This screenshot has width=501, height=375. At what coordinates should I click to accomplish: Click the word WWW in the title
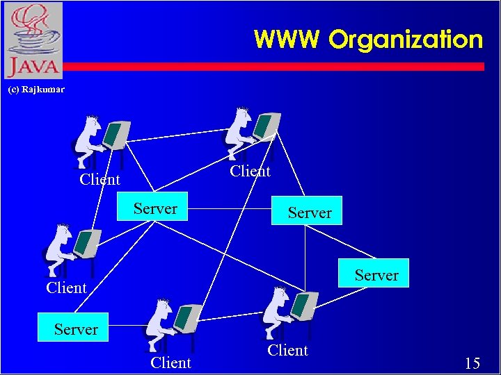pos(287,39)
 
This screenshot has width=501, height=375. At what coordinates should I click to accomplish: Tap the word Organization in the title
pos(406,40)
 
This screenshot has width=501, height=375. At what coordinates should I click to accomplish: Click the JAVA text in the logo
pos(33,67)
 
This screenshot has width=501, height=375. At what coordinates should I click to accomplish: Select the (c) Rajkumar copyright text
pos(35,90)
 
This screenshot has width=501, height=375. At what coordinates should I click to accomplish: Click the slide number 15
pos(472,362)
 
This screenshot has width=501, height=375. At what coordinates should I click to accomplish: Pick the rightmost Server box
pos(376,274)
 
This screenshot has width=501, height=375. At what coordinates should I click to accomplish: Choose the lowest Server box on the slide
pos(76,328)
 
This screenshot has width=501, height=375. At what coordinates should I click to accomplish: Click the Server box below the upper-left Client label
pos(155,208)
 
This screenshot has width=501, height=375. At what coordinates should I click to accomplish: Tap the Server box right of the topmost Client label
pos(310,212)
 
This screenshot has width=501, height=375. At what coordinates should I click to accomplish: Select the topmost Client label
pos(250,171)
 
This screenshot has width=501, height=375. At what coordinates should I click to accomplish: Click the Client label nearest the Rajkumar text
pos(100,179)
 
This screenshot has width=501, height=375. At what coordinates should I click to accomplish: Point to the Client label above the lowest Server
pos(66,287)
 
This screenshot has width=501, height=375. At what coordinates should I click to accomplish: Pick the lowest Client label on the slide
pos(170,362)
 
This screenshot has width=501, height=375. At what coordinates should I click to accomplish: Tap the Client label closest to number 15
pos(287,351)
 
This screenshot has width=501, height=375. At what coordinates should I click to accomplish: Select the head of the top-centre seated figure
pos(241,118)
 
